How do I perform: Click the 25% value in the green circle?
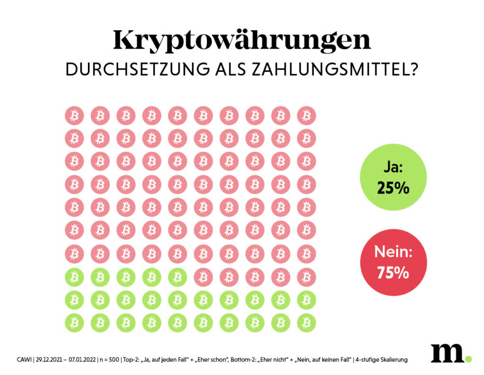pos(393,188)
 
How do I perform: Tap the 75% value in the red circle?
pos(393,273)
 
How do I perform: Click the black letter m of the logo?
pos(446,353)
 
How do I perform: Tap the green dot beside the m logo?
pos(468,359)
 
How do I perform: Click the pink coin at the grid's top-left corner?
pos(74,115)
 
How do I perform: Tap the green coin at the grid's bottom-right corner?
pos(306,323)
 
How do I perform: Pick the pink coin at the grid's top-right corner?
pos(306,115)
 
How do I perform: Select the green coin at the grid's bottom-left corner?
pos(74,323)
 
